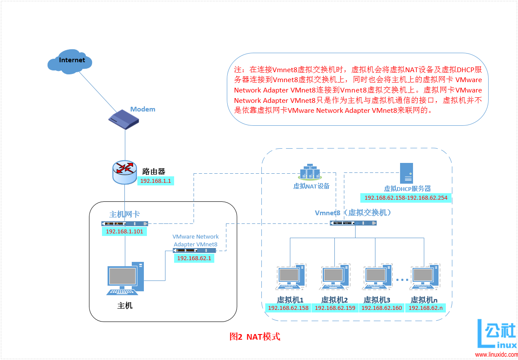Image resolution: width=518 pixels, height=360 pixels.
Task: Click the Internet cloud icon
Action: tap(70, 61)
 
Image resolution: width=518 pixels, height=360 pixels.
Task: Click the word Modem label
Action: tap(143, 109)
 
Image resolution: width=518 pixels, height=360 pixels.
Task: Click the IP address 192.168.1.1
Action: tap(156, 181)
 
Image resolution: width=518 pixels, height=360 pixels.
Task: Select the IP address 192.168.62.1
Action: tap(194, 258)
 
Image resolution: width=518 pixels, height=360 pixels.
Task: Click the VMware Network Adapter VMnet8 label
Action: tap(195, 241)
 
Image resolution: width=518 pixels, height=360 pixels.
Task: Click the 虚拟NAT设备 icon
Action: tap(310, 172)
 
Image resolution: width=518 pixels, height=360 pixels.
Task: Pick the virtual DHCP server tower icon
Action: tap(407, 173)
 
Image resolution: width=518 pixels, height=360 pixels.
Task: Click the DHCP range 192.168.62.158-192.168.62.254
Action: tap(406, 198)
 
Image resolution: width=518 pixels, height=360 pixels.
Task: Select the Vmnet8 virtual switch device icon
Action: tap(353, 223)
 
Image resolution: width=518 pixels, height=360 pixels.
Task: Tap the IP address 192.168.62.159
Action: tap(335, 308)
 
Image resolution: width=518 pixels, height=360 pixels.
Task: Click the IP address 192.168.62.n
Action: tap(426, 308)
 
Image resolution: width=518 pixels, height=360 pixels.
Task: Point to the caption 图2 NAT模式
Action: tap(255, 337)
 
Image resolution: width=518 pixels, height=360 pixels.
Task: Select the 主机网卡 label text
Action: tap(124, 214)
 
